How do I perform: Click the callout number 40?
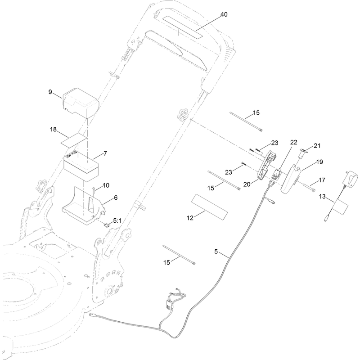point(224,14)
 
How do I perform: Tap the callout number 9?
point(50,92)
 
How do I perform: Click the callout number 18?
point(53,130)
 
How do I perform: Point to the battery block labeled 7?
point(81,165)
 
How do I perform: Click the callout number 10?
point(106,185)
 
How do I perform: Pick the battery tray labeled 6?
point(84,205)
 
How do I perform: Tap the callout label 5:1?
point(117,221)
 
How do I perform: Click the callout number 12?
point(190,218)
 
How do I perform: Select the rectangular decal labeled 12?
point(210,207)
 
